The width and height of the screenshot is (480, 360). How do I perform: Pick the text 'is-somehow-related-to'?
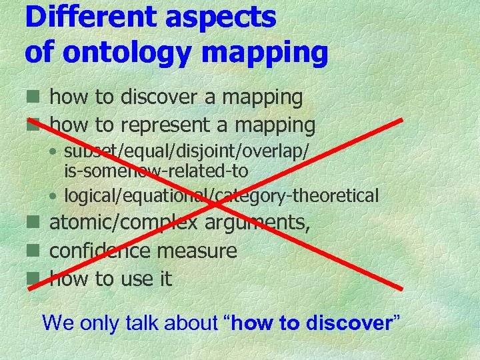pos(156,171)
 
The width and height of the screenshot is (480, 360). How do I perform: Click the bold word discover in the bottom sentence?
pos(347,323)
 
